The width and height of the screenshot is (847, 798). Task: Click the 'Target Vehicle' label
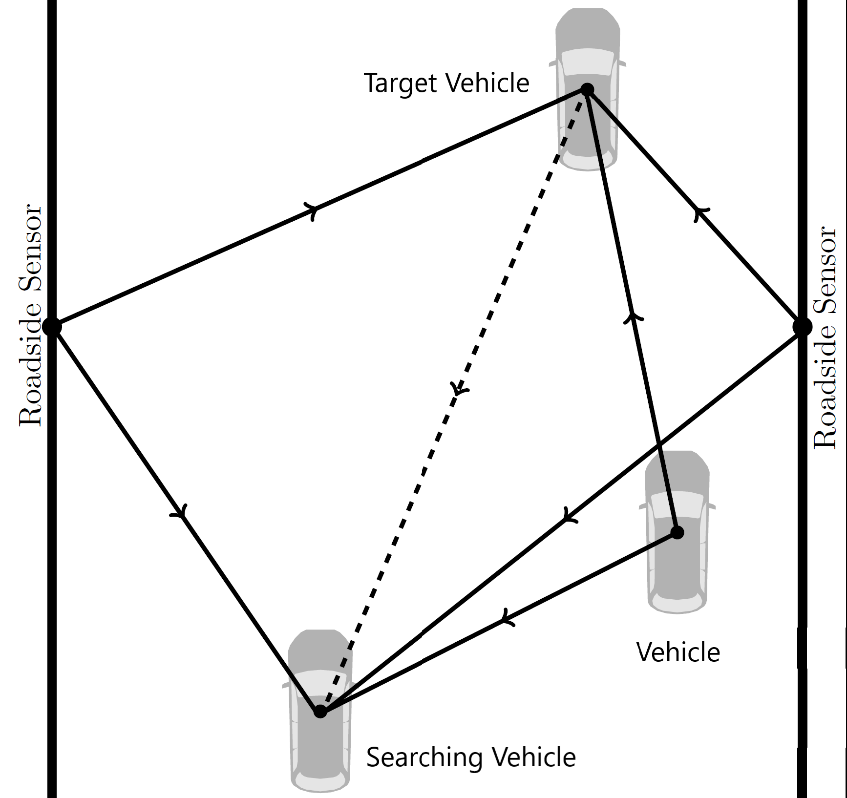[x=446, y=83]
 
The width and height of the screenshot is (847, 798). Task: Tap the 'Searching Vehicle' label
[x=471, y=757]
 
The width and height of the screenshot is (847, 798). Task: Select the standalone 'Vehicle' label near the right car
[x=678, y=652]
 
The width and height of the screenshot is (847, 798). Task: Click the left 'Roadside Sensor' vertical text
[x=31, y=315]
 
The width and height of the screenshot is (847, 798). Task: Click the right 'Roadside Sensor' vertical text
[x=825, y=337]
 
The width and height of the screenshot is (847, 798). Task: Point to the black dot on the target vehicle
[x=587, y=90]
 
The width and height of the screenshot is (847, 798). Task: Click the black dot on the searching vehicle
[x=320, y=712]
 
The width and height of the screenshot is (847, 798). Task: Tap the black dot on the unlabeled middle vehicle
[x=677, y=532]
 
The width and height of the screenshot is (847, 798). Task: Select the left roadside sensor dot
[x=52, y=326]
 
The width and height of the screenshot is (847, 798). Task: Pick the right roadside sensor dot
[x=802, y=327]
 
